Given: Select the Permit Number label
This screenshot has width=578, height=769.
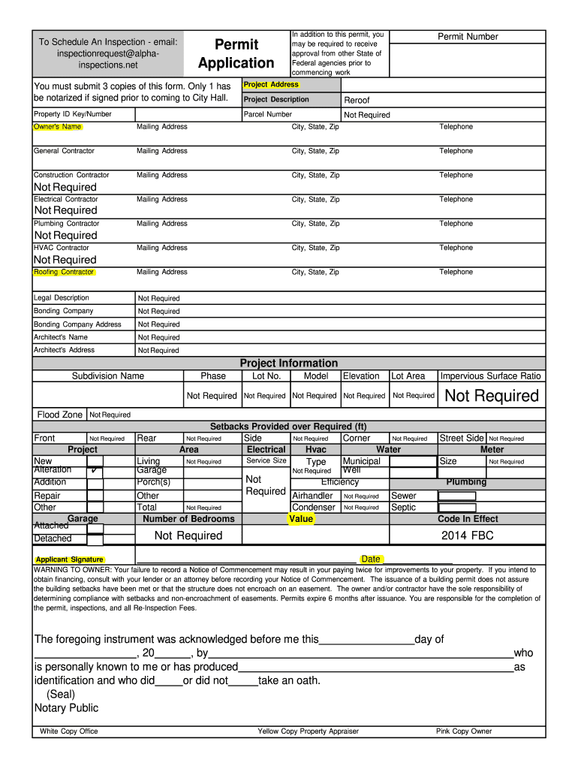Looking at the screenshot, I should (468, 37).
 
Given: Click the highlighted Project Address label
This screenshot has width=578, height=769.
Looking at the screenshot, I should (271, 85).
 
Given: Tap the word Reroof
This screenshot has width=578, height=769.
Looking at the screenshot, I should (357, 100).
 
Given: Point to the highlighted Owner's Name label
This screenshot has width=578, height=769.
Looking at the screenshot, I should (58, 127).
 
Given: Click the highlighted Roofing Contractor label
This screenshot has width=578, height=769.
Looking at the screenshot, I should (64, 272).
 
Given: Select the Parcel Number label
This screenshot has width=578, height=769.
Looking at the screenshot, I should (268, 115).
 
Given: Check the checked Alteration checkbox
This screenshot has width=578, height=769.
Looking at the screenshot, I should (95, 472).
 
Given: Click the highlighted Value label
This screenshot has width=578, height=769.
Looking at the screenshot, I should (301, 519).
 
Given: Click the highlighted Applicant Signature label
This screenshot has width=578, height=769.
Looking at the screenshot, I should (70, 559).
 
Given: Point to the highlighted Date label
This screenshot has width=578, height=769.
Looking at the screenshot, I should (371, 559).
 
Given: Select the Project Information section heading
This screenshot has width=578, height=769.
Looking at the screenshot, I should (289, 363).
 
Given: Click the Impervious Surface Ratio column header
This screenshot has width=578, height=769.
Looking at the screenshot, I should (490, 376).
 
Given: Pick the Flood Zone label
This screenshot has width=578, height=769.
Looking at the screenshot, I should (60, 415).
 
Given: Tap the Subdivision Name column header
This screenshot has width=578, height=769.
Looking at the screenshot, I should (108, 376).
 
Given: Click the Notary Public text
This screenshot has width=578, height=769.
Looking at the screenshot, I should (66, 708).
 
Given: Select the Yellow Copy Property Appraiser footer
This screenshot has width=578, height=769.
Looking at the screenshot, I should (308, 731).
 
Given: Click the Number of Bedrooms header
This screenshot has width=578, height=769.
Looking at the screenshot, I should (188, 519).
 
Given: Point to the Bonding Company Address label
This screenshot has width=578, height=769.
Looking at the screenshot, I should (77, 324).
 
